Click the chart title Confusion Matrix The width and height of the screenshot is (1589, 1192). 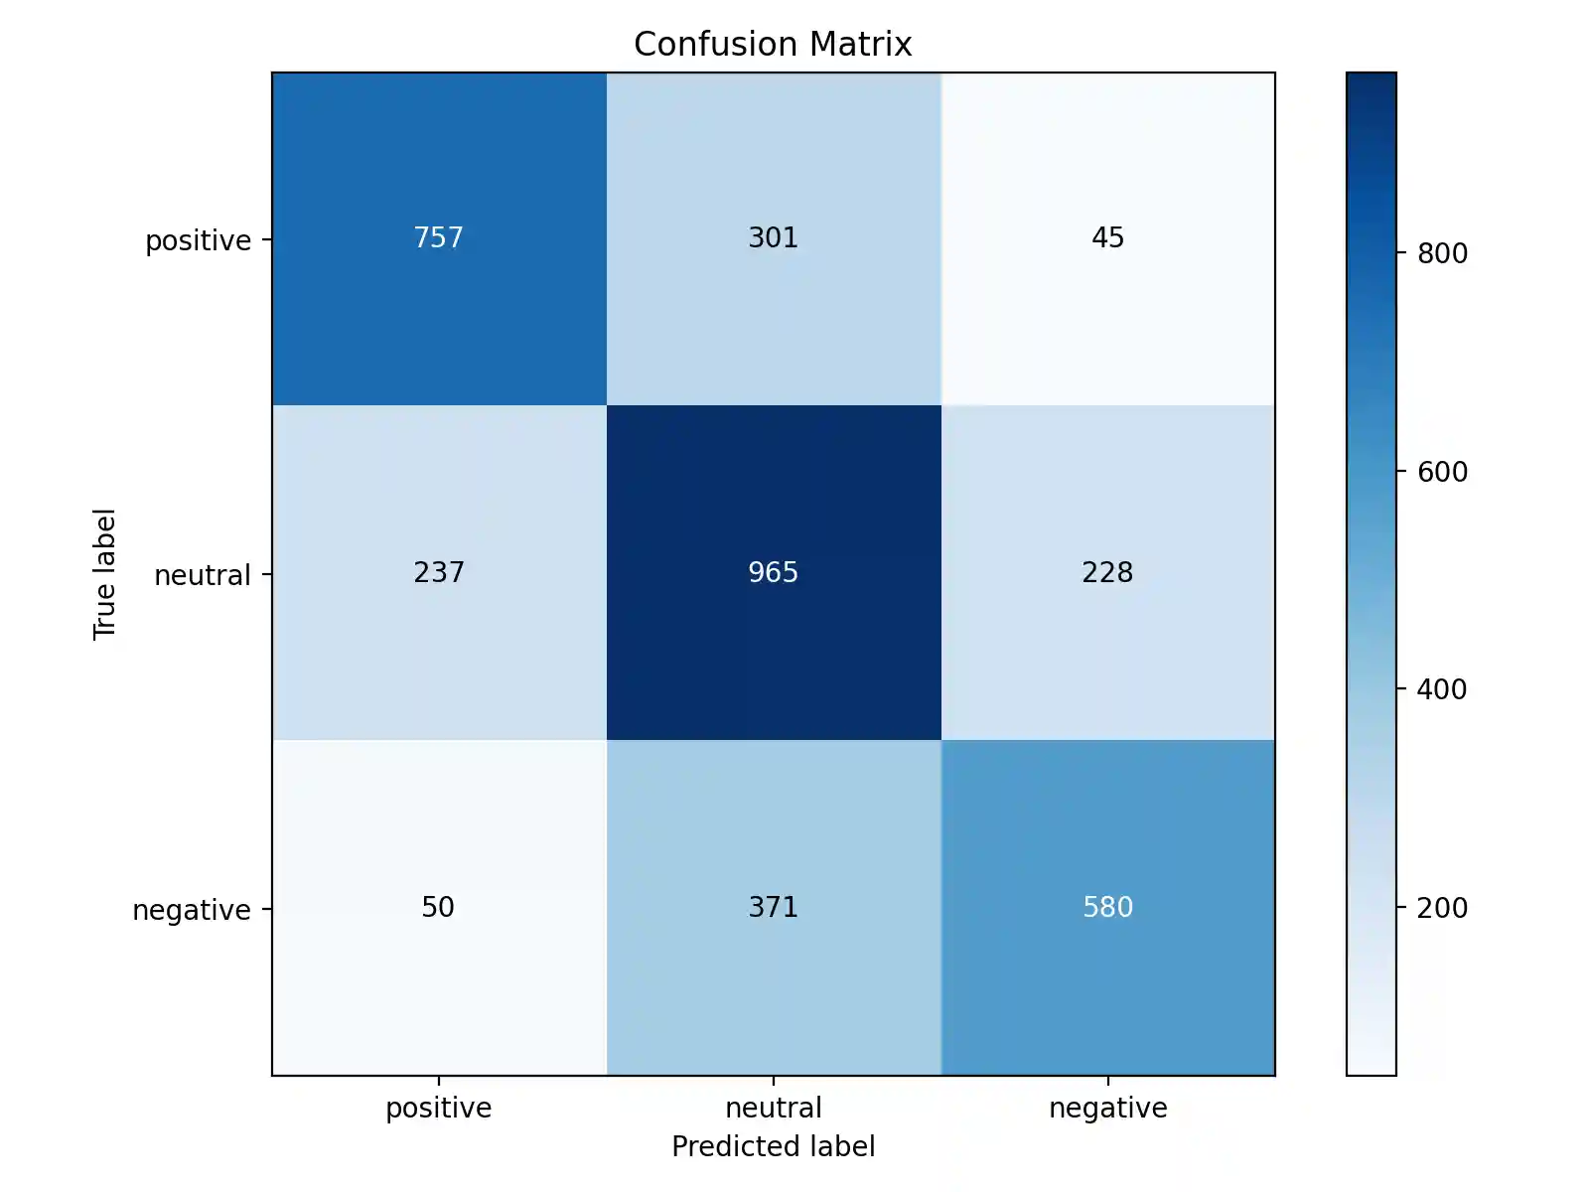pyautogui.click(x=773, y=44)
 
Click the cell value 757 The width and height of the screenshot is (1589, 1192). pyautogui.click(x=438, y=237)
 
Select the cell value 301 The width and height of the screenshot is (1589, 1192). pyautogui.click(x=773, y=237)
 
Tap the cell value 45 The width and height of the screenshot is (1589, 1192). pyautogui.click(x=1107, y=237)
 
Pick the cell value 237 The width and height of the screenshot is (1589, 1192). pyautogui.click(x=438, y=572)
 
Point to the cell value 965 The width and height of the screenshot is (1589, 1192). pyautogui.click(x=773, y=572)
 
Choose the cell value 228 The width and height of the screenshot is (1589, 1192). pyautogui.click(x=1107, y=572)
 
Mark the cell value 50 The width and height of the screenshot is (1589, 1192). pyautogui.click(x=438, y=907)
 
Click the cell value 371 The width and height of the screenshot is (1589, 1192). pyautogui.click(x=773, y=907)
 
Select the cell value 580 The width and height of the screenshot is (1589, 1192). pyautogui.click(x=1107, y=907)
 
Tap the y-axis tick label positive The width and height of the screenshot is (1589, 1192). pyautogui.click(x=198, y=240)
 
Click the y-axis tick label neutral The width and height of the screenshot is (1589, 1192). pyautogui.click(x=202, y=575)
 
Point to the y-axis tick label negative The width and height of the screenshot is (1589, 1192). pyautogui.click(x=191, y=910)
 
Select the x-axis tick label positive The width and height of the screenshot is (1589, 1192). pyautogui.click(x=438, y=1108)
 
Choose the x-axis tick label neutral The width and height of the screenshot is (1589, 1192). pyautogui.click(x=773, y=1108)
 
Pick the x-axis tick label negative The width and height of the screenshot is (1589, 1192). pyautogui.click(x=1107, y=1108)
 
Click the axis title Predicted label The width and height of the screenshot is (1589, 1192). pyautogui.click(x=773, y=1146)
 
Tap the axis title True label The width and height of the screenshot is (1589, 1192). pyautogui.click(x=104, y=574)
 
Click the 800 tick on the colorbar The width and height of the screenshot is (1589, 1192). pyautogui.click(x=1442, y=253)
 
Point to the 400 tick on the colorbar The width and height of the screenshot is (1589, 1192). pyautogui.click(x=1442, y=689)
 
